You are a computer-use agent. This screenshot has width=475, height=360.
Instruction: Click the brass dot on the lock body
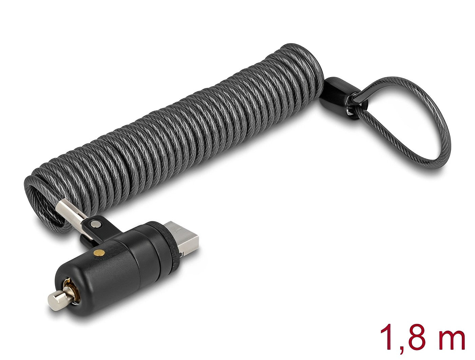[x=99, y=252]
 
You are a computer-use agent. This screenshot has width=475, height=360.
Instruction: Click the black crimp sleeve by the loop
[x=340, y=97]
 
